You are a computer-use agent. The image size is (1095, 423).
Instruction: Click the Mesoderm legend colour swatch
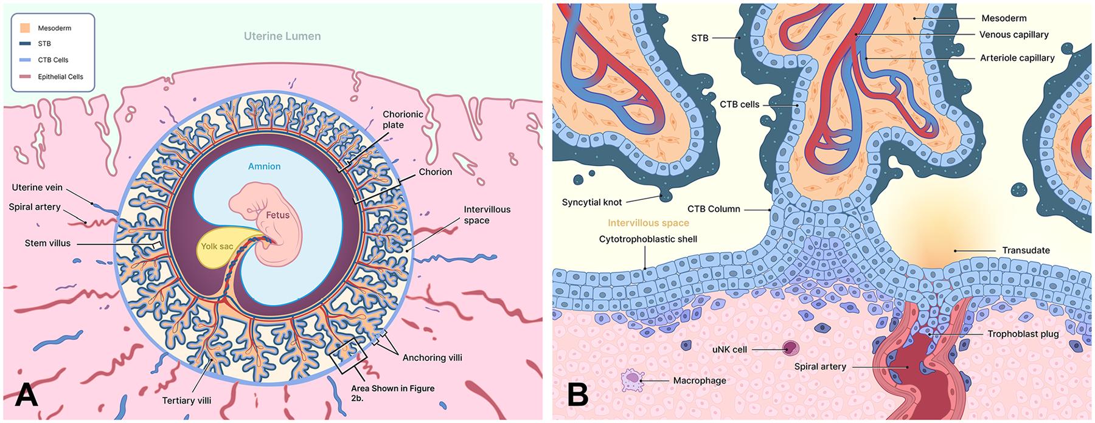tap(25, 28)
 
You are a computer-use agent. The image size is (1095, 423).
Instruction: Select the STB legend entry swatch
tap(25, 44)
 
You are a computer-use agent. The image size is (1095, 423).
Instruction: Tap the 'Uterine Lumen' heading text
tap(282, 36)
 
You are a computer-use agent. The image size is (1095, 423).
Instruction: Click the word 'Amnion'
tap(264, 166)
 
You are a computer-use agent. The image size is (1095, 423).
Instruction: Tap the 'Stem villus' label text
tap(47, 243)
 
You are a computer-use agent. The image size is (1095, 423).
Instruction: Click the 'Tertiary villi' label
tap(187, 401)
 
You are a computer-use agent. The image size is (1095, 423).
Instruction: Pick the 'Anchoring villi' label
tap(432, 357)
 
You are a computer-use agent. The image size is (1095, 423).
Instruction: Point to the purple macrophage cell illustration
tap(631, 381)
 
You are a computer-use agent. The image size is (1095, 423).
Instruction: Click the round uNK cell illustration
tap(790, 348)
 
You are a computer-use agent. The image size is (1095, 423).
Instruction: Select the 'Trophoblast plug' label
tap(1023, 334)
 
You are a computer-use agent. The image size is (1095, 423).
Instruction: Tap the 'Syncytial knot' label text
tap(592, 202)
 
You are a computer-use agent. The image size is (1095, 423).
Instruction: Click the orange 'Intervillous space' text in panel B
tap(648, 223)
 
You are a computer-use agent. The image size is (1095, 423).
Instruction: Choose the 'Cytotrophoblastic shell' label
tap(648, 239)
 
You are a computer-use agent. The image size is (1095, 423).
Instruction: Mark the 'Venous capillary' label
tap(1013, 35)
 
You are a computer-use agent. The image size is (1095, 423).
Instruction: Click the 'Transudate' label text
tap(1026, 250)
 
